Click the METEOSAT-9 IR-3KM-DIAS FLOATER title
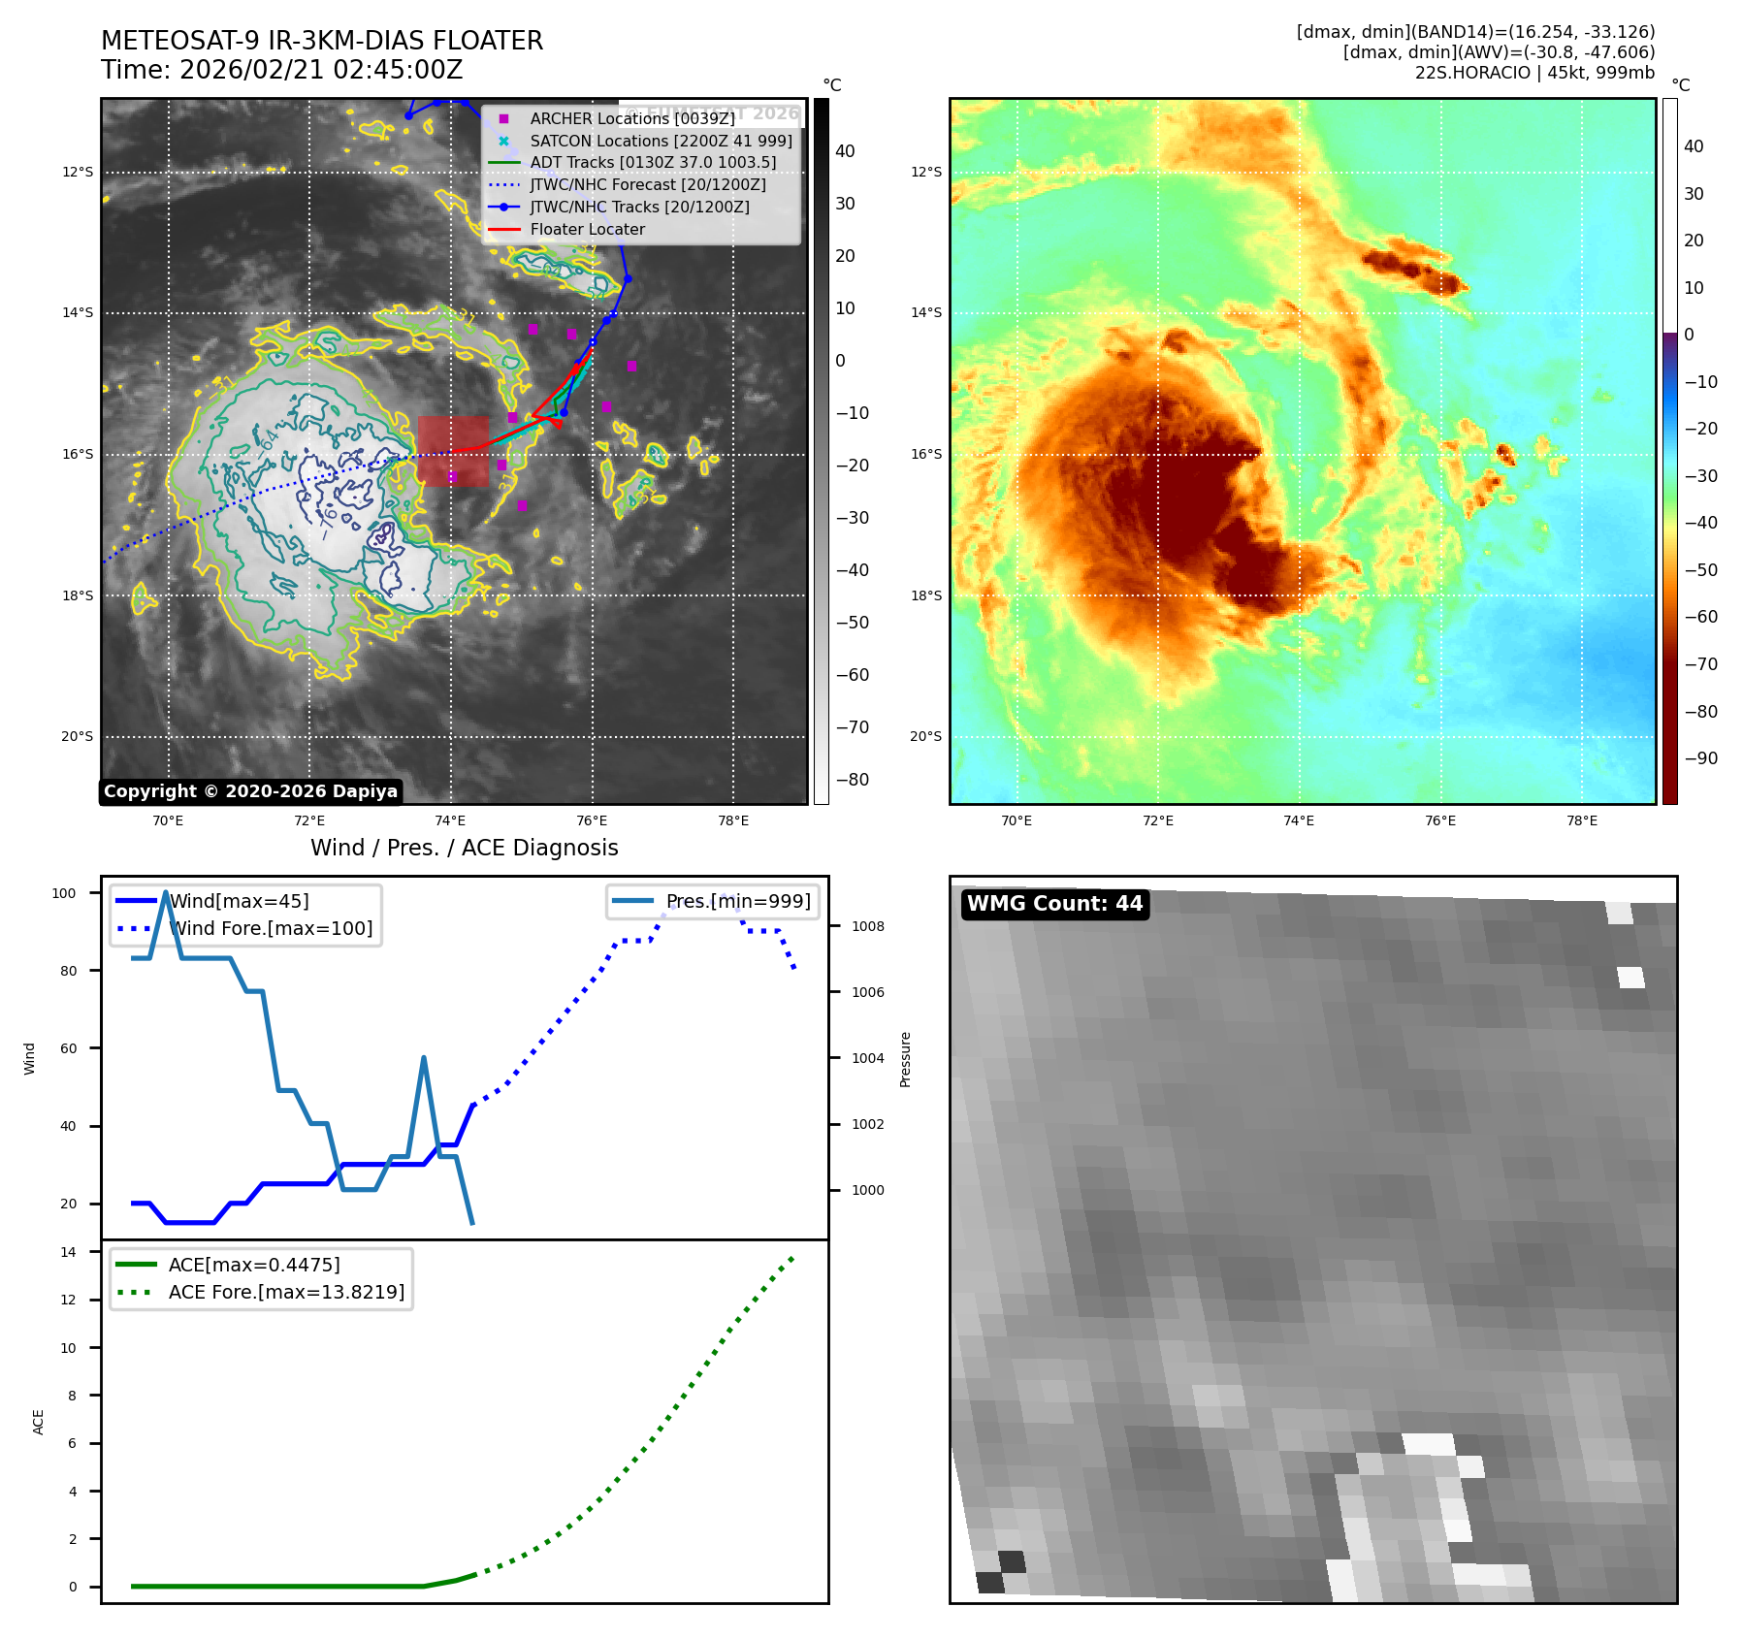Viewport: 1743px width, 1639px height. [322, 41]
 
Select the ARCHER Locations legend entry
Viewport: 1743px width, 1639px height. [631, 118]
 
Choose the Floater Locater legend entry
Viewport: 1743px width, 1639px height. [587, 230]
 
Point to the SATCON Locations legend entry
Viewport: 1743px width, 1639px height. [661, 141]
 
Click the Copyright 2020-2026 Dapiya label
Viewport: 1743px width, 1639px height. [250, 791]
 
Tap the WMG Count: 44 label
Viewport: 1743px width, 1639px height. [1054, 904]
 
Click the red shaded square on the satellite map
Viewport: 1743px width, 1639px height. [453, 451]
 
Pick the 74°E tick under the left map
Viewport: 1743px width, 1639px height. [450, 821]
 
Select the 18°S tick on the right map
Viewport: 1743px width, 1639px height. [925, 595]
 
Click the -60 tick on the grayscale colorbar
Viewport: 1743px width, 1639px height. [852, 675]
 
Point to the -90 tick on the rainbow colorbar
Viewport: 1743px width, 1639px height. [1700, 758]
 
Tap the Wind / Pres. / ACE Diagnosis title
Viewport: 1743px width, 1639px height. [464, 848]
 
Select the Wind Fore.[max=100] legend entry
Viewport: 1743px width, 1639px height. [271, 928]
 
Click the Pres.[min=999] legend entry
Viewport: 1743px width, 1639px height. [737, 901]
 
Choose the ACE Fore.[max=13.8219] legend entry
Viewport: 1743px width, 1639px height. [286, 1292]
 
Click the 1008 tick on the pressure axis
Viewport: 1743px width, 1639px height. [867, 926]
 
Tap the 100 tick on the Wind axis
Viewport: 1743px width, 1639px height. [64, 893]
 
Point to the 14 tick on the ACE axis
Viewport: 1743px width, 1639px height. [69, 1252]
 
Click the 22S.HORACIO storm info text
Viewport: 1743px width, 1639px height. [1533, 73]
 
